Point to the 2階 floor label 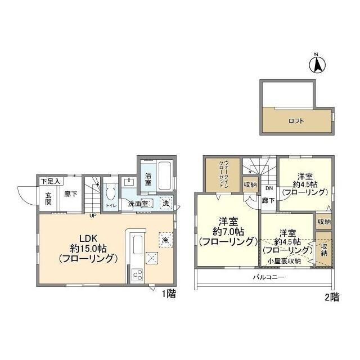(332, 299)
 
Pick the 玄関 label (49, 198)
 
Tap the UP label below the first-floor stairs (92, 214)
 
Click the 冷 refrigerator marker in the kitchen (163, 239)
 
